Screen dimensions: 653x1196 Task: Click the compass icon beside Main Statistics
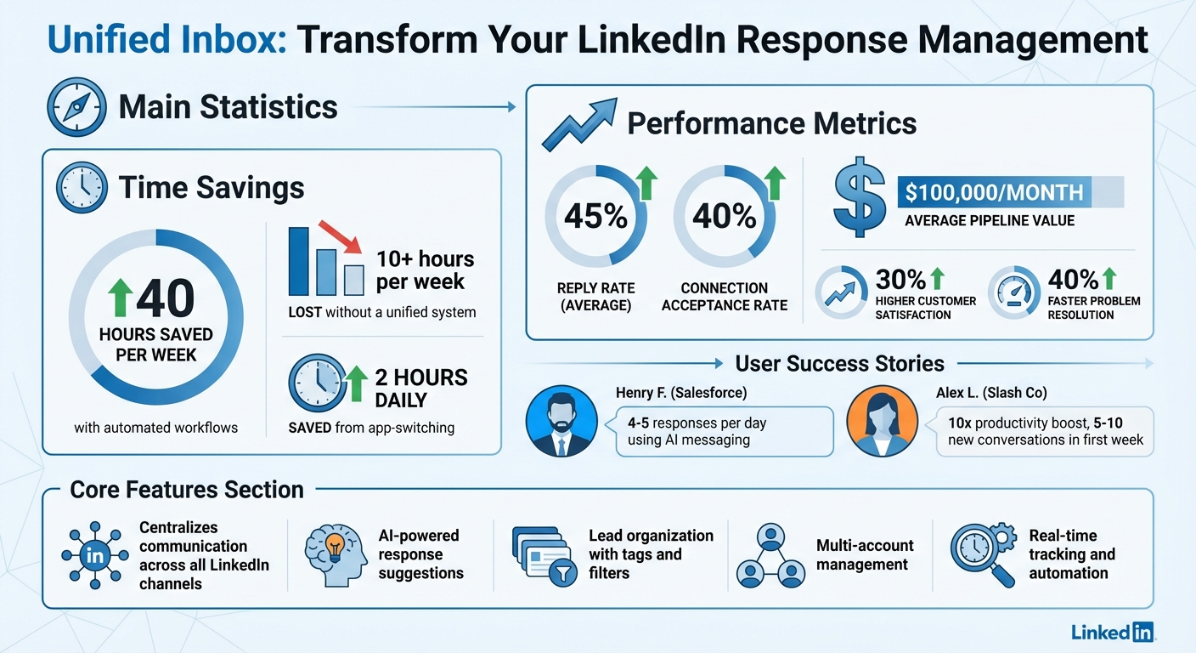[x=76, y=108]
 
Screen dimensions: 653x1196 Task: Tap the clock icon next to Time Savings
[x=82, y=187]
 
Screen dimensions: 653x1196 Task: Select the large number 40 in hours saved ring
[x=165, y=298]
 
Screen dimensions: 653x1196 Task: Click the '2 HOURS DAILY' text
[x=421, y=388]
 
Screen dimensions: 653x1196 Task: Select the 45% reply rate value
[x=595, y=216]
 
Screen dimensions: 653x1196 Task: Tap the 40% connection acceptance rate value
[x=724, y=216]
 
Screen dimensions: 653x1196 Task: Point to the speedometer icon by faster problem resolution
[x=1014, y=292]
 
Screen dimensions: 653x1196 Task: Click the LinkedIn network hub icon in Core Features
[x=95, y=557]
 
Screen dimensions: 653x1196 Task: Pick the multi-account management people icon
[x=770, y=557]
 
